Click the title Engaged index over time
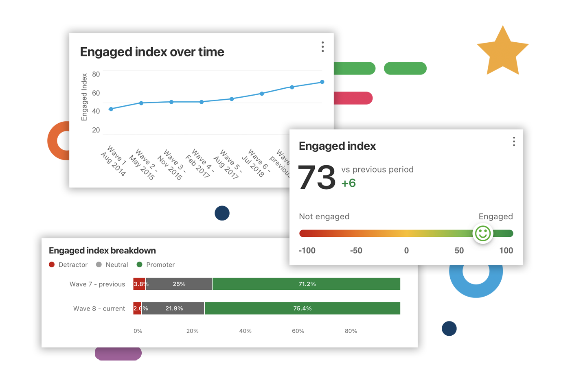[x=152, y=52]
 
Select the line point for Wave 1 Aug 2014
[x=111, y=109]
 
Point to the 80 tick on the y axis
[x=96, y=74]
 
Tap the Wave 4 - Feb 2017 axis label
[x=200, y=163]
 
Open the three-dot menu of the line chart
[x=323, y=47]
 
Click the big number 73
[x=317, y=178]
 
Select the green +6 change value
[x=349, y=183]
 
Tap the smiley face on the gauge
[x=483, y=234]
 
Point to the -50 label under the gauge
[x=356, y=251]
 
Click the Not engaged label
[x=324, y=216]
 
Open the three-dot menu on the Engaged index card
[x=514, y=142]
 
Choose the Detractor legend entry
[x=68, y=264]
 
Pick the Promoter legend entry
[x=156, y=264]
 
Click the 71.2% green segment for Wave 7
[x=307, y=284]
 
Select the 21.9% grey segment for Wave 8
[x=174, y=308]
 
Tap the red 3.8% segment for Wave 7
[x=139, y=284]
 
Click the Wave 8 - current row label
[x=99, y=308]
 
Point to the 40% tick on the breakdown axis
[x=245, y=331]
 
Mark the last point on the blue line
[x=322, y=82]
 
